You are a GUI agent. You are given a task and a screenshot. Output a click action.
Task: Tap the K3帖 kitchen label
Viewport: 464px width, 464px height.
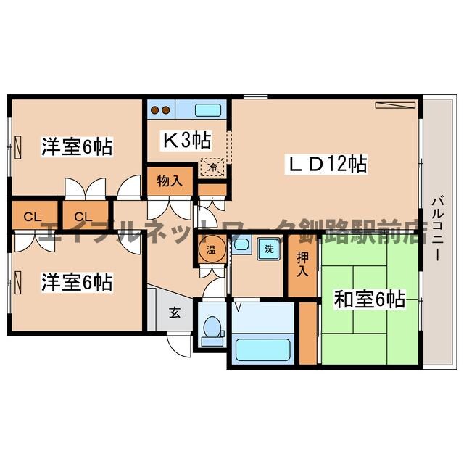click(x=186, y=140)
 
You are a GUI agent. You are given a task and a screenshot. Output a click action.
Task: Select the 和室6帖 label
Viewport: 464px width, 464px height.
click(x=369, y=298)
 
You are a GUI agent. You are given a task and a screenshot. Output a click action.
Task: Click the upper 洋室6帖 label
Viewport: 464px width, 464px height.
click(x=76, y=147)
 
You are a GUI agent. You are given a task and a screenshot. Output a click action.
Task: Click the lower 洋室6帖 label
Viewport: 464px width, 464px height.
click(x=76, y=282)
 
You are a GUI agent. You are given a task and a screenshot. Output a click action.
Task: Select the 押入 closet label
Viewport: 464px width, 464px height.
click(x=301, y=265)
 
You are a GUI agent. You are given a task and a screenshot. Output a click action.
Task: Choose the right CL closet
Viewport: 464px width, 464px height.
click(x=82, y=215)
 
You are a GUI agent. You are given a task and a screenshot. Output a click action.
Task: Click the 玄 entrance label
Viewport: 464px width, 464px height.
click(x=175, y=313)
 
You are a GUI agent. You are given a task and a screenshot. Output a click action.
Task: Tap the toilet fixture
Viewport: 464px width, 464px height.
click(x=212, y=331)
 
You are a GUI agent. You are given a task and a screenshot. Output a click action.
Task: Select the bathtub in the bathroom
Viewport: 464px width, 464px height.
click(x=264, y=349)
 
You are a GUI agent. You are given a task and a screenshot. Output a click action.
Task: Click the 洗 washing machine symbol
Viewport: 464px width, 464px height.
click(x=269, y=249)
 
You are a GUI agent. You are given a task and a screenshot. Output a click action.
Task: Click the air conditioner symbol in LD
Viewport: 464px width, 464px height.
click(x=394, y=106)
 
